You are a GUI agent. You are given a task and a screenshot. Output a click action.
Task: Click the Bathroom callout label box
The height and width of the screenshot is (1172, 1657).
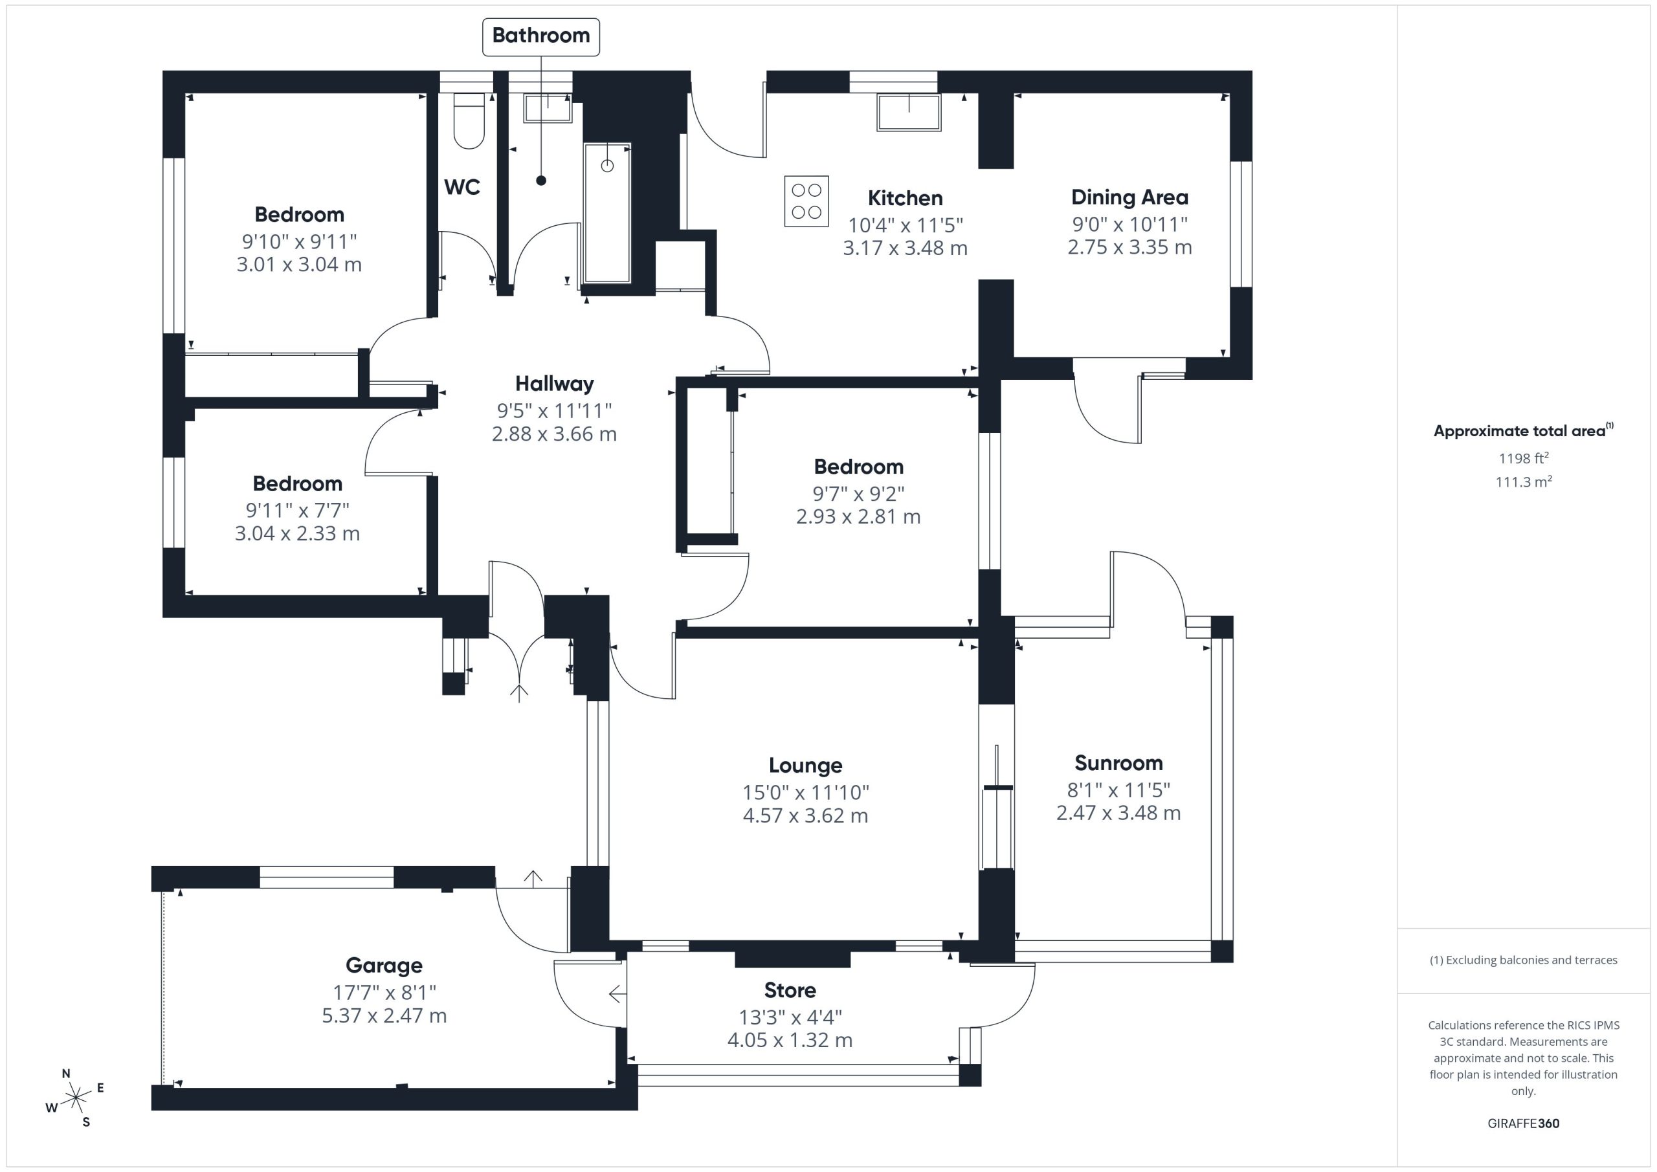[540, 36]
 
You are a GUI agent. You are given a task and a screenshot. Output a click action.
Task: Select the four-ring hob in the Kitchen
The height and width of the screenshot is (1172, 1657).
[806, 201]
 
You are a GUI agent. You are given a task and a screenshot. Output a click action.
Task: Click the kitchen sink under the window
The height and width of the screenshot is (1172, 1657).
[909, 113]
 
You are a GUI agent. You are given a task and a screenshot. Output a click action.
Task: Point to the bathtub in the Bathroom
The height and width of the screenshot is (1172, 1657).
[607, 213]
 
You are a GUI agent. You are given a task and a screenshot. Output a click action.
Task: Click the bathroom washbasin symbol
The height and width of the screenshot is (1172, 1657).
[548, 108]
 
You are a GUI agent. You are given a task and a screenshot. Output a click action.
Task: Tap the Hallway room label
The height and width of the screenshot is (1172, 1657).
[554, 383]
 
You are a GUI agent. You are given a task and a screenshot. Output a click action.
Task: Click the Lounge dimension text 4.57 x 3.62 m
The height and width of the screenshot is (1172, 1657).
[805, 815]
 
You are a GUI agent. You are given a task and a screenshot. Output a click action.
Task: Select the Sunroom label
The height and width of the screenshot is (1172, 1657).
[1118, 763]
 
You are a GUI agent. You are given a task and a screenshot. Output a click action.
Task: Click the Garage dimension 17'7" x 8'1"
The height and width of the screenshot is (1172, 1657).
[384, 992]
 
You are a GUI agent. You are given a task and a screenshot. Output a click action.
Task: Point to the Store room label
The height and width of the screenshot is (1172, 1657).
[790, 990]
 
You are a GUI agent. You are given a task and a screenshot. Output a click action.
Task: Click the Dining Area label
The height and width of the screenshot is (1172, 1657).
[1129, 197]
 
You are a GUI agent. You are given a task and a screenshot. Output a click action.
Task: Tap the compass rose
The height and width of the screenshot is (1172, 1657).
[75, 1098]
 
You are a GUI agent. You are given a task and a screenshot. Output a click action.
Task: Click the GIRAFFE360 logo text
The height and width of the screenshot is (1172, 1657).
[1524, 1123]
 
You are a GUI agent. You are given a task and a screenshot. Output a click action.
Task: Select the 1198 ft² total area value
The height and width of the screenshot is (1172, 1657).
[1524, 458]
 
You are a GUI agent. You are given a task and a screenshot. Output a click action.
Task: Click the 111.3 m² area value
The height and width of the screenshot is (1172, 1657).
[1524, 481]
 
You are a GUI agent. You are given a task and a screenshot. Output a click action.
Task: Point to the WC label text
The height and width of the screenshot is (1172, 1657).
[462, 187]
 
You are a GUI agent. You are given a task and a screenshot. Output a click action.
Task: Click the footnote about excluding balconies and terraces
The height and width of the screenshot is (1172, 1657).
[1524, 960]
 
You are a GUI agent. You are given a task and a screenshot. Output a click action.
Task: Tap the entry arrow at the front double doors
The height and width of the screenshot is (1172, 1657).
[519, 693]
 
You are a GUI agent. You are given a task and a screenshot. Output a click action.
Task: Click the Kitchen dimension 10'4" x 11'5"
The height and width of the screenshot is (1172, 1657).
[905, 225]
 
